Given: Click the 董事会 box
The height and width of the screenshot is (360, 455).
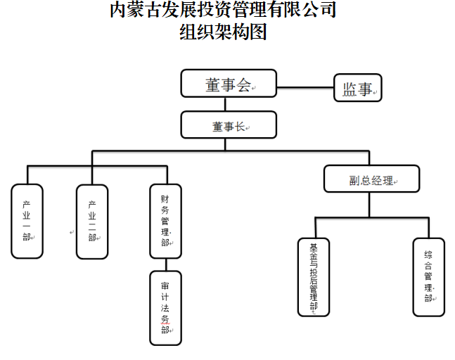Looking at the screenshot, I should point(228,84).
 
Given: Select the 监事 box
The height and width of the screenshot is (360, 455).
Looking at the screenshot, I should point(357,89).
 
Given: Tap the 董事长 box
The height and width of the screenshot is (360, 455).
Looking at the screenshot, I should point(228,125).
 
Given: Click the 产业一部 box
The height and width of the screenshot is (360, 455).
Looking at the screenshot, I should point(27,221).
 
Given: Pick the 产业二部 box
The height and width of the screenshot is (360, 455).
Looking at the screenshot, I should point(92,221).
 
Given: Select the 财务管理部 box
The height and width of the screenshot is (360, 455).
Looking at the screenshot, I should point(166,221).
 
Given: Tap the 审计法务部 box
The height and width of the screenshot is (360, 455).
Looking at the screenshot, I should point(166,308).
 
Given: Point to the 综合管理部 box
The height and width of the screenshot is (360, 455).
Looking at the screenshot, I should point(428,276).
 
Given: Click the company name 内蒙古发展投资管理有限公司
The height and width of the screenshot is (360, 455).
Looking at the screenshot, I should point(224,10).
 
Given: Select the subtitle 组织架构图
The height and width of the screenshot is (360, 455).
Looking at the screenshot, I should point(224,32).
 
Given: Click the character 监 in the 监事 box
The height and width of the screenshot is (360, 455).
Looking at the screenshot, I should point(350,89).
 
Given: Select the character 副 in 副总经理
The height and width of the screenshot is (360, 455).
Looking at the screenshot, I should point(355,181).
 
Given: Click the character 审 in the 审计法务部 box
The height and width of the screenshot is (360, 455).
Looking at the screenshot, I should point(165,287).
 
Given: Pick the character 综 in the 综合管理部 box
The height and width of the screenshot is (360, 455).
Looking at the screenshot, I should point(428,255).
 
